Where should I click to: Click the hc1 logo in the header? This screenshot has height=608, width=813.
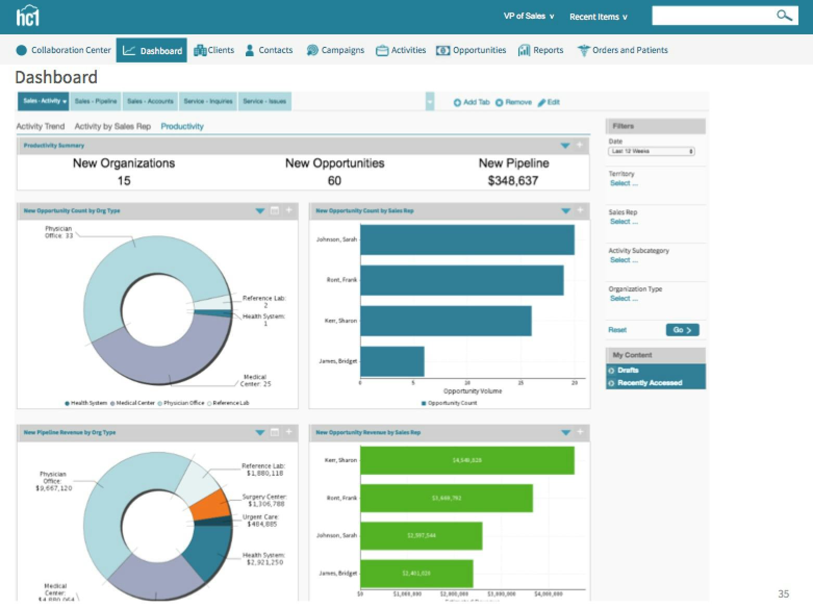coord(28,16)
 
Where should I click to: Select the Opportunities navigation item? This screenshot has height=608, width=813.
coord(472,50)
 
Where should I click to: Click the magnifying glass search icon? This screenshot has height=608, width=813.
coord(783,16)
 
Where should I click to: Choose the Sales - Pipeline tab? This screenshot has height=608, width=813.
coord(96,102)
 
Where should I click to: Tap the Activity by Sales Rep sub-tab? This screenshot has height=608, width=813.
coord(112,126)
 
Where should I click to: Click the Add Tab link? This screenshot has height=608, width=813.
coord(472,102)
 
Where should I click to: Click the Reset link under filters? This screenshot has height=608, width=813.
coord(617,330)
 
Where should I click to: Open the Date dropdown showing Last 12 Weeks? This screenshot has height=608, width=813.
coord(651,151)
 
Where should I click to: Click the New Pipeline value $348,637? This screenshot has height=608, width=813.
coord(513,181)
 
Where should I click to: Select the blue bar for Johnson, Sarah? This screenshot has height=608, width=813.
coord(467,240)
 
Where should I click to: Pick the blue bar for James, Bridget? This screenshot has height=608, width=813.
coord(392,361)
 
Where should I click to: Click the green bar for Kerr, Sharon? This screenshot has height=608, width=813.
coord(467,460)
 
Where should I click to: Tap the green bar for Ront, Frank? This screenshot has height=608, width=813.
coord(446,498)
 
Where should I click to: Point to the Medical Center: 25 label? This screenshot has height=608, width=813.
coord(255,381)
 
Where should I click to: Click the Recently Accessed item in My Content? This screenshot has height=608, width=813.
coord(649,383)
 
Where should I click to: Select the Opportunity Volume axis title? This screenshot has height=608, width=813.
coord(472,391)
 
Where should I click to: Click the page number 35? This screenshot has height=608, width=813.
coord(783,593)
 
